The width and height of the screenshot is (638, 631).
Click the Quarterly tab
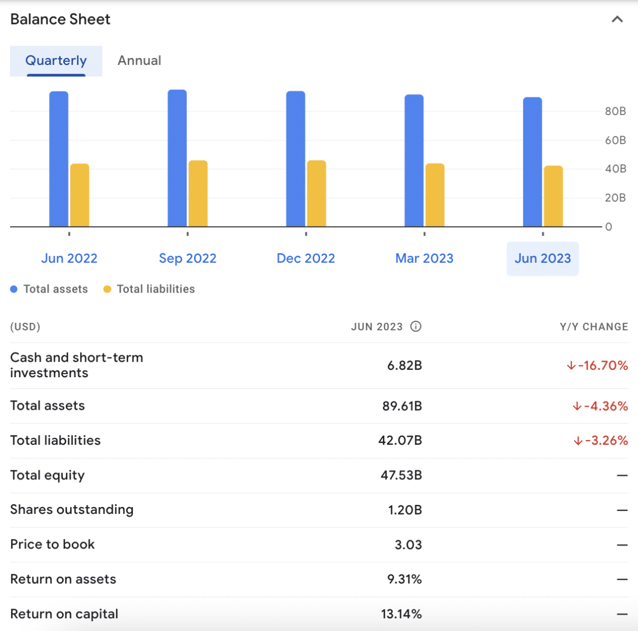(56, 61)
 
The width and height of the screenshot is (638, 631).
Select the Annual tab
(139, 61)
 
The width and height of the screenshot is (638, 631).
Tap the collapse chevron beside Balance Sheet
(617, 20)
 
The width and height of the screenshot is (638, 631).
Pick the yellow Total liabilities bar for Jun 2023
(553, 196)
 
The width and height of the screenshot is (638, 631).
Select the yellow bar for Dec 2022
(316, 194)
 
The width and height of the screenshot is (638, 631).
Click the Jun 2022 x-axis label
(69, 259)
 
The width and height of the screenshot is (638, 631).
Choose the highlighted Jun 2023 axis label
(542, 259)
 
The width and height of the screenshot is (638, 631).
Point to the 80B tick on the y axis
(615, 111)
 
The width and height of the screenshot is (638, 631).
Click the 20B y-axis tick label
(615, 198)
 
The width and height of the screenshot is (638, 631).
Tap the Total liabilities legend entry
(149, 289)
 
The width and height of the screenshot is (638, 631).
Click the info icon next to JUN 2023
(416, 326)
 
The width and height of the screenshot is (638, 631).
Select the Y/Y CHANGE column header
(593, 327)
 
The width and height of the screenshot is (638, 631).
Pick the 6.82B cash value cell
(404, 366)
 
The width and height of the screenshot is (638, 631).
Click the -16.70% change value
(597, 366)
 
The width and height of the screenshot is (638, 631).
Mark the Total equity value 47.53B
(401, 475)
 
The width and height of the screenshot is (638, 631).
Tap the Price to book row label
(52, 544)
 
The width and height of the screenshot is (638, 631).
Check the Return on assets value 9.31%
(404, 579)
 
